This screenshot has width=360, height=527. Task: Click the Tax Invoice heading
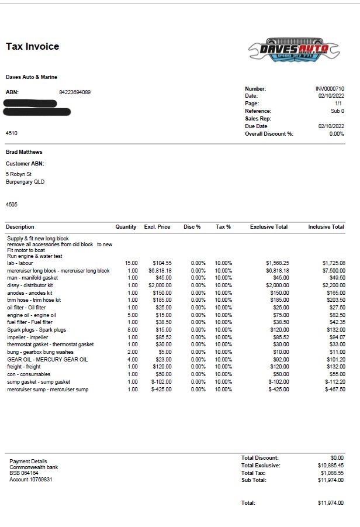pos(32,47)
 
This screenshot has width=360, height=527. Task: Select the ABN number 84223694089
pos(75,92)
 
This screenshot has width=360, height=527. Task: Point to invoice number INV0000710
pos(330,89)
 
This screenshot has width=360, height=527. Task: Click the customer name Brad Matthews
pos(24,152)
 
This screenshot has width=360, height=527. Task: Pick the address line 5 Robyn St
pos(19,174)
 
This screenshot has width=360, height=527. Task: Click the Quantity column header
pos(126,227)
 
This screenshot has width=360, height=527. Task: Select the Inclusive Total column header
pos(326,227)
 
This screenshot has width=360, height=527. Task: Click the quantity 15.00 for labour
pos(131,264)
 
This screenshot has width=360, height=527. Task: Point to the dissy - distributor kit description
pos(30,285)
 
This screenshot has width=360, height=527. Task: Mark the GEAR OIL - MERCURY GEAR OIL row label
pos(47,360)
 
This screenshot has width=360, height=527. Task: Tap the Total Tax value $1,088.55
pos(332,473)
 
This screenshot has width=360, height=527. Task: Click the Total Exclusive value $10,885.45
pos(331,466)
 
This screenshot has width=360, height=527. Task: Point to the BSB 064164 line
pos(24,473)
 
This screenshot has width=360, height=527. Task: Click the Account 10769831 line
pos(31,480)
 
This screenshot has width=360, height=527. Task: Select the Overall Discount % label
pos(269,134)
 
